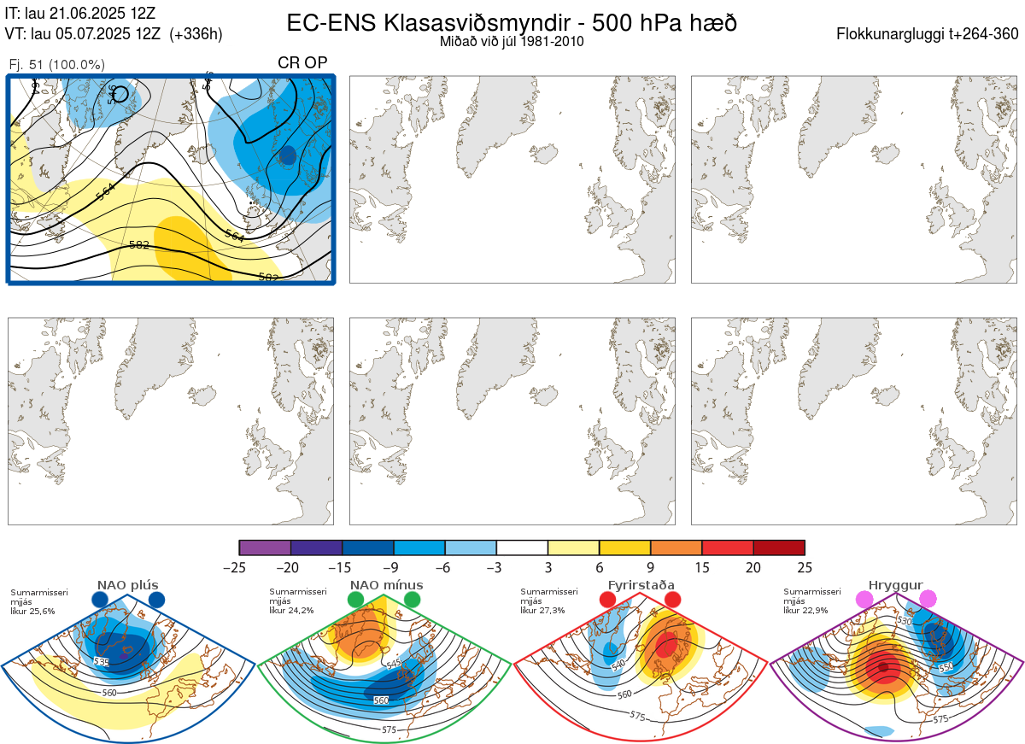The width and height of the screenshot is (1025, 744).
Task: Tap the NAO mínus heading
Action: [x=386, y=585]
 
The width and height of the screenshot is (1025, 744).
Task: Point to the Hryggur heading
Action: [x=895, y=585]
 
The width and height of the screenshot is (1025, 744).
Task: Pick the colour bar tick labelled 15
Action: [x=702, y=567]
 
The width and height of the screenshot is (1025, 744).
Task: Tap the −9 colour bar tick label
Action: [x=394, y=567]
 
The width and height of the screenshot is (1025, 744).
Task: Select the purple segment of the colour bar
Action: [x=265, y=548]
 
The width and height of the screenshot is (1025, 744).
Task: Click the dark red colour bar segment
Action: [x=779, y=548]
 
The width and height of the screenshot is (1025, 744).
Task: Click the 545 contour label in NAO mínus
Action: [x=394, y=664]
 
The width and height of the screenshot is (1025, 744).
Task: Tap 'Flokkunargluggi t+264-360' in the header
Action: [x=928, y=34]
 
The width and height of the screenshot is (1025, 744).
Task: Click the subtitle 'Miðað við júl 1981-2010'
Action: [x=512, y=41]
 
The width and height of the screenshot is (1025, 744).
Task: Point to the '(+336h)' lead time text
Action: [x=196, y=34]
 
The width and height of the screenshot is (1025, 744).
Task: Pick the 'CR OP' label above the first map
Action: [x=302, y=62]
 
